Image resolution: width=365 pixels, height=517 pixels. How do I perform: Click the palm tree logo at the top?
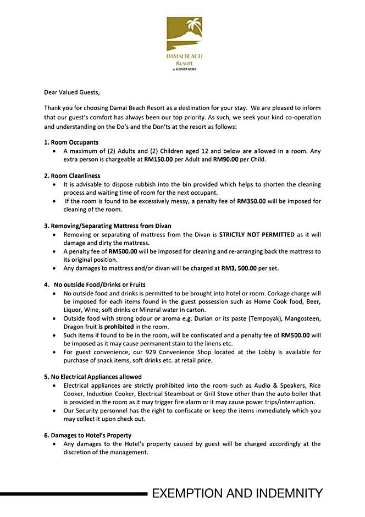tap(184, 33)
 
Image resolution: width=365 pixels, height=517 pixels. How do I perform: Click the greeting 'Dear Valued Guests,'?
tap(73, 92)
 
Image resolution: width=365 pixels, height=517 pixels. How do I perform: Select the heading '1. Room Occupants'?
tap(71, 142)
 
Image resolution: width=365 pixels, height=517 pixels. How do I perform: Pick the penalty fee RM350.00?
tap(252, 201)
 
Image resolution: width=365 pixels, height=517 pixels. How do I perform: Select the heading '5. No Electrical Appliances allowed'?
tap(93, 377)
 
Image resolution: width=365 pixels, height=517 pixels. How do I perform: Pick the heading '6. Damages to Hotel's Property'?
tap(87, 435)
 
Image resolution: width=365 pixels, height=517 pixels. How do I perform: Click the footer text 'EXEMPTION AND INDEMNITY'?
tap(237, 493)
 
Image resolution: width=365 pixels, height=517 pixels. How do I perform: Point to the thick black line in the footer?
tap(74, 494)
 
